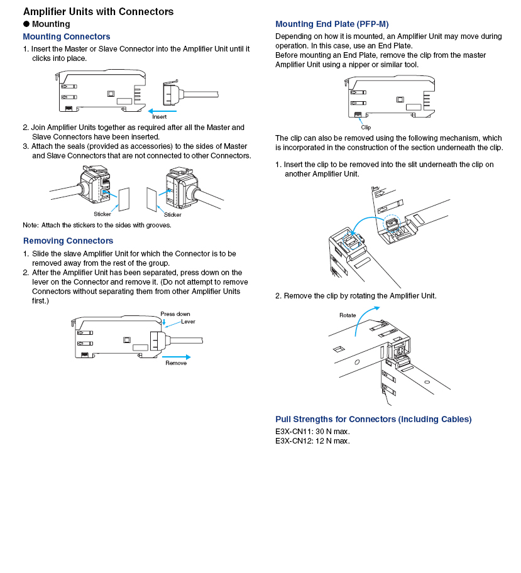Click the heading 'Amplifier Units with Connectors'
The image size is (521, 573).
point(98,11)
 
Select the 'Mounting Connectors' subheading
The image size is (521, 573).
point(67,36)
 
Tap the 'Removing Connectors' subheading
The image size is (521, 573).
point(68,241)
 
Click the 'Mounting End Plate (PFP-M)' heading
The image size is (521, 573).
point(332,24)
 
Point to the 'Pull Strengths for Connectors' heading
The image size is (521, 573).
point(373,419)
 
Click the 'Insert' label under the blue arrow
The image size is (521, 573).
point(159,117)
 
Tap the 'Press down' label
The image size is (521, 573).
point(175,314)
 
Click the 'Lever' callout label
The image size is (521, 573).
point(188,322)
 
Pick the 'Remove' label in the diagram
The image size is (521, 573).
point(175,363)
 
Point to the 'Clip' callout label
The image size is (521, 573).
point(366,128)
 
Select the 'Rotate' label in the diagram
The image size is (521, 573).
point(348,315)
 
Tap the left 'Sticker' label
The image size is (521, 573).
point(102,214)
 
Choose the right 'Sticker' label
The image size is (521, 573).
point(173,214)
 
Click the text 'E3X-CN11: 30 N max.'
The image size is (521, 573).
point(312,431)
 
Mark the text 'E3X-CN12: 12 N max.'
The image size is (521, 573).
point(312,440)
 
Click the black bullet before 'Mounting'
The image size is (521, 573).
point(26,24)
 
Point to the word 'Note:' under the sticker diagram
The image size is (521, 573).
point(31,225)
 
